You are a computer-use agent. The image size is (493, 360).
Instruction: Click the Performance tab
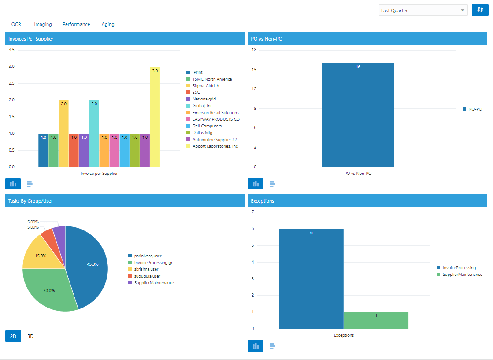76,25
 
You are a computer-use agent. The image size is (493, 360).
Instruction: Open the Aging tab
108,25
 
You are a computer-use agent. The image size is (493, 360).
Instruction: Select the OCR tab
16,25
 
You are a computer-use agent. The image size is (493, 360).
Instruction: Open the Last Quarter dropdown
423,11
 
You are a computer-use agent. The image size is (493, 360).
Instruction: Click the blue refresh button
480,10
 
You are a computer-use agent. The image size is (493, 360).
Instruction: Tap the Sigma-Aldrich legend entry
206,86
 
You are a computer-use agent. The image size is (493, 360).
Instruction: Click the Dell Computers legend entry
207,126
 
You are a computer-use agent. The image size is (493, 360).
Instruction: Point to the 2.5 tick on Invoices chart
11,83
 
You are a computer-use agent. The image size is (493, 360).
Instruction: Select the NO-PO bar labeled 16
358,115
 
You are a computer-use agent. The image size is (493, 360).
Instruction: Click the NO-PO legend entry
475,109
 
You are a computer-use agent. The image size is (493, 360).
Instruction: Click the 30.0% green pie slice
48,289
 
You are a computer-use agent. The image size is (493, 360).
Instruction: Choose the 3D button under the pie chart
30,336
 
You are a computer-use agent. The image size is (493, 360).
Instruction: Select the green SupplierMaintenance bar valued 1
376,320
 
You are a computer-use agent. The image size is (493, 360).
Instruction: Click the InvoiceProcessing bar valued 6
311,279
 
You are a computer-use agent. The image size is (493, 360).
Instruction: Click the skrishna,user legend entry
146,269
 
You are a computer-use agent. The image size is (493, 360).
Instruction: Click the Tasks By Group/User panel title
31,201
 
